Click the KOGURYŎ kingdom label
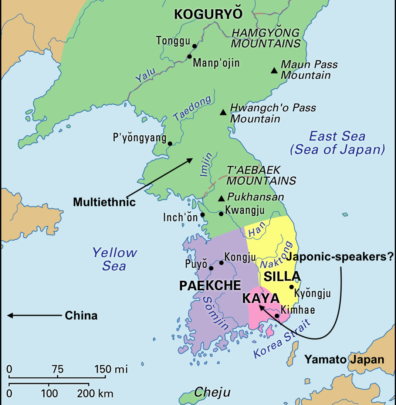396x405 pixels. coord(208,14)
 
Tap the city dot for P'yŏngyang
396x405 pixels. coord(170,144)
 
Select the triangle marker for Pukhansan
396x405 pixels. coord(221,199)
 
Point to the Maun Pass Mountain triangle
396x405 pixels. coord(274,70)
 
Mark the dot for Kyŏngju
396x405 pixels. coord(291,287)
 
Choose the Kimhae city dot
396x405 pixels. coord(277,316)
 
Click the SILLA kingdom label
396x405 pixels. coord(282,277)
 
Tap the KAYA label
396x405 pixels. coord(260,298)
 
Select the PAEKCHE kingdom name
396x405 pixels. coord(210,286)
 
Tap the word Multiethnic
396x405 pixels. coord(104,202)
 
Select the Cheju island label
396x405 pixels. coord(212,392)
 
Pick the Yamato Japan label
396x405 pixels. coord(344,359)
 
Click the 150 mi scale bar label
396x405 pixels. coord(111,369)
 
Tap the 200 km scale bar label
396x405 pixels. coord(95,394)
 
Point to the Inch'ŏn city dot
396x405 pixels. coord(202,215)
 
